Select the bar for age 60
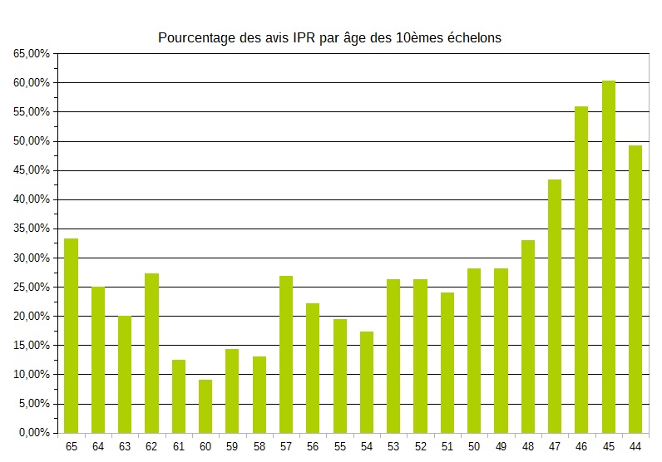coord(205,406)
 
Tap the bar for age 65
coord(71,336)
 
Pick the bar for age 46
coord(581,270)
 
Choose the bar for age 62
coord(151,353)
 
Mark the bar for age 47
coord(555,307)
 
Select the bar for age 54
coord(367,382)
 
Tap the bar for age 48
coord(528,337)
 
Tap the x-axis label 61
coord(179,447)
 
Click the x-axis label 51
coord(447,447)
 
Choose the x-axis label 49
coord(501,447)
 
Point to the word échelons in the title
coord(474,38)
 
